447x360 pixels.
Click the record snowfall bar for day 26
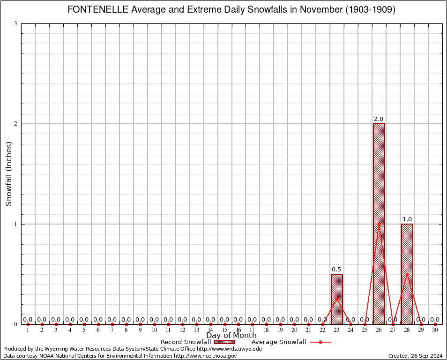379,224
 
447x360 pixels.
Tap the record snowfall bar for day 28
407,274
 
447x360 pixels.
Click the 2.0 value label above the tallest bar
379,119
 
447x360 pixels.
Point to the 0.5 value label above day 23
336,270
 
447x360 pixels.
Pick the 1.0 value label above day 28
407,219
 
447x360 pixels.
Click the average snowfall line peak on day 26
379,224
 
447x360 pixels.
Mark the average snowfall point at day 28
407,274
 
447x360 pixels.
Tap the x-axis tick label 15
224,330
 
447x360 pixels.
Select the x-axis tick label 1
28,330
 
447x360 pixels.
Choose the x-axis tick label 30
435,330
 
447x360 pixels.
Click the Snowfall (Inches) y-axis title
8,173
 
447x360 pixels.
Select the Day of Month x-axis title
231,336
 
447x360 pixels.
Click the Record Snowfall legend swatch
224,342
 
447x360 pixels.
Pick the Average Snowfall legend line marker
320,342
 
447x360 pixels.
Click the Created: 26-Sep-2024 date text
415,356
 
